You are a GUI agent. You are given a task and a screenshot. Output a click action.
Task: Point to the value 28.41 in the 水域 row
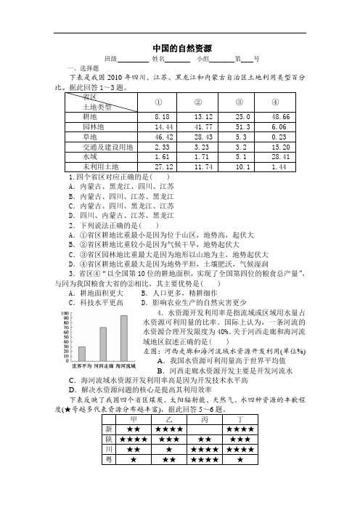coord(281,156)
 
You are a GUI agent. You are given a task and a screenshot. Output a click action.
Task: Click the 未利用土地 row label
coord(101,166)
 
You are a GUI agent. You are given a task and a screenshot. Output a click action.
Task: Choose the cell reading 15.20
coord(281,146)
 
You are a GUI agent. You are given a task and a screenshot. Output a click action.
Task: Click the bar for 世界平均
coord(82,353)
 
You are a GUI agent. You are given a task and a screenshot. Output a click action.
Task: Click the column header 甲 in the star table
coord(133,419)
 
